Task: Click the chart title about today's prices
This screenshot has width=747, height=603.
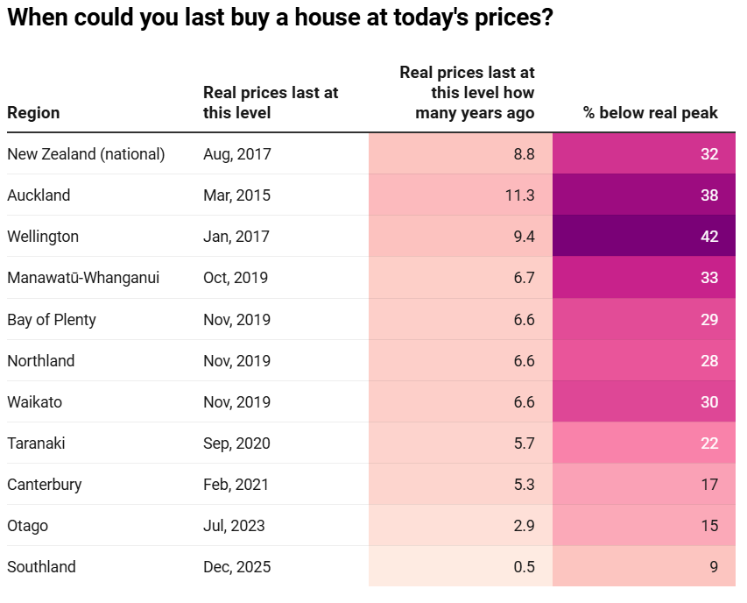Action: point(280,18)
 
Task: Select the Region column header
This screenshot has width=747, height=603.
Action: point(33,113)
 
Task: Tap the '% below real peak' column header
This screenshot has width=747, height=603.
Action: point(651,113)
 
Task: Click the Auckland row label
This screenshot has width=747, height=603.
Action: point(39,195)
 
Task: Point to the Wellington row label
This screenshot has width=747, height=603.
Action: point(43,237)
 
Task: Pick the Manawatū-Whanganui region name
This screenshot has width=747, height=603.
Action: point(83,278)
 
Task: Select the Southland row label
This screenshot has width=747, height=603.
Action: point(41,567)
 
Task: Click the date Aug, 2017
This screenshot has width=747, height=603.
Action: point(237,154)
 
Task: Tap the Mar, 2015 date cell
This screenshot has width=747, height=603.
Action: point(236,195)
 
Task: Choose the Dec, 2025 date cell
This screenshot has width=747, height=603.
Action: point(236,567)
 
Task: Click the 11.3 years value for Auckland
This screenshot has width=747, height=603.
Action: point(520,195)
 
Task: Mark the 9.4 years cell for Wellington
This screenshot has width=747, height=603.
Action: point(524,237)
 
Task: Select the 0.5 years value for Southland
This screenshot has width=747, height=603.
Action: point(524,567)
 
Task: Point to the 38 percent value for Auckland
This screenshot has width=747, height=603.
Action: point(709,195)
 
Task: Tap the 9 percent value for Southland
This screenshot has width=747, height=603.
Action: point(714,567)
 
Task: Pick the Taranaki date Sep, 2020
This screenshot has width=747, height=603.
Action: point(236,443)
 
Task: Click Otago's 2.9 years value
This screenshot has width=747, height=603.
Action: point(524,526)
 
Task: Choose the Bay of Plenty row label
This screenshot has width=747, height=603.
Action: point(52,320)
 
